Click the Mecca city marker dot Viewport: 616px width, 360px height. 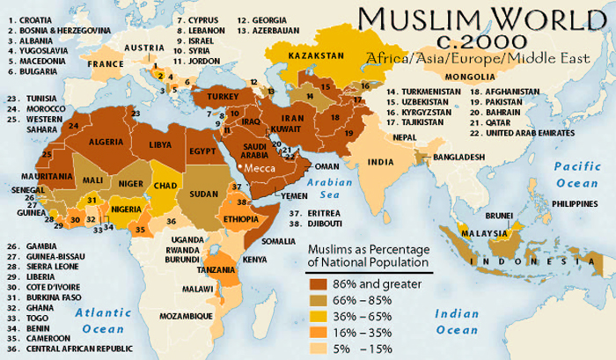(x=238, y=164)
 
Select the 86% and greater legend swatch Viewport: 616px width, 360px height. (x=319, y=284)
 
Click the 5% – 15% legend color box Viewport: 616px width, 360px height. (x=319, y=348)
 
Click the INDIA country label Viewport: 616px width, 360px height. (x=381, y=162)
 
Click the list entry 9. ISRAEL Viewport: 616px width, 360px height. (x=201, y=40)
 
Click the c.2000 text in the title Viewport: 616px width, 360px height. (x=480, y=42)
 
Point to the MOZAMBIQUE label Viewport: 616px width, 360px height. (x=187, y=315)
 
